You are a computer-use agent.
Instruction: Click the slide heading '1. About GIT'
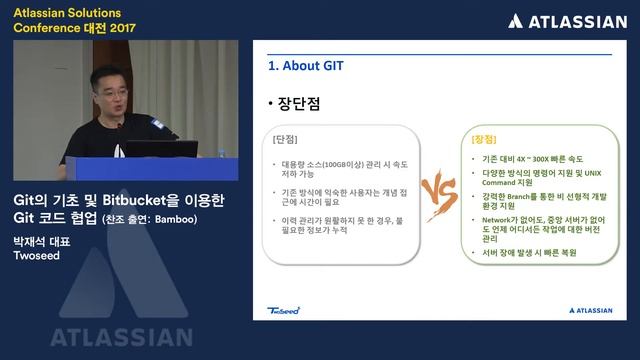coord(306,66)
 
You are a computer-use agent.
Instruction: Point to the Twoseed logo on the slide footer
coord(284,310)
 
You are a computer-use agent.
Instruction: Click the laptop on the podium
coord(160,152)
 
